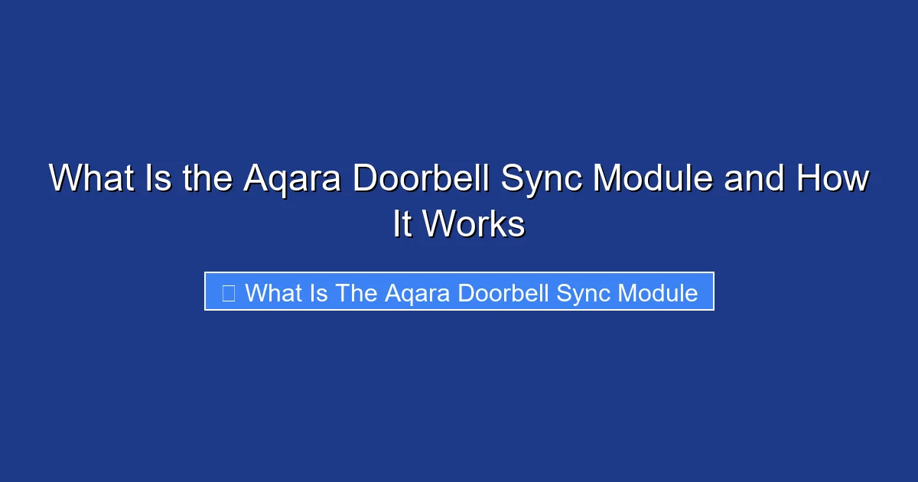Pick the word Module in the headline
653,179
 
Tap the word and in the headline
754,179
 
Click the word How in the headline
832,179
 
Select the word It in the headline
402,225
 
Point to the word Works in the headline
474,225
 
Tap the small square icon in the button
228,292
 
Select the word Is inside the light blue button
319,292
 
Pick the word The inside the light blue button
356,292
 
